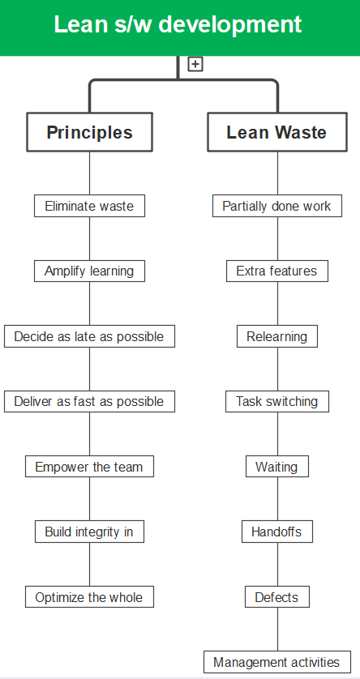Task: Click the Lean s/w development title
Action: click(x=178, y=25)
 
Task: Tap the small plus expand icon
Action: click(x=195, y=64)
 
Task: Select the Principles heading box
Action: click(x=89, y=132)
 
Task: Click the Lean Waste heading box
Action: click(x=276, y=132)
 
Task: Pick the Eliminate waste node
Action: click(x=89, y=206)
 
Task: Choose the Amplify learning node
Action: click(x=89, y=271)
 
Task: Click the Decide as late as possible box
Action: click(x=89, y=336)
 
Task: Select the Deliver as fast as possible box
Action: click(x=89, y=401)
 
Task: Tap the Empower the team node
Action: click(x=89, y=467)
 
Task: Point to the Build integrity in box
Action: click(x=89, y=532)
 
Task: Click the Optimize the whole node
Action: click(x=89, y=597)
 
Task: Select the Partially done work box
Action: click(x=276, y=206)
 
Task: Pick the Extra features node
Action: click(x=276, y=271)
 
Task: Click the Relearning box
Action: click(x=276, y=336)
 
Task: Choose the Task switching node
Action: click(x=276, y=401)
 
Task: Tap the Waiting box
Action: click(x=276, y=467)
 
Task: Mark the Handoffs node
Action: click(x=276, y=532)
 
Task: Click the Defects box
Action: click(x=276, y=597)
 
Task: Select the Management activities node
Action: click(x=276, y=662)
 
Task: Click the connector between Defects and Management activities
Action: click(x=277, y=630)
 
